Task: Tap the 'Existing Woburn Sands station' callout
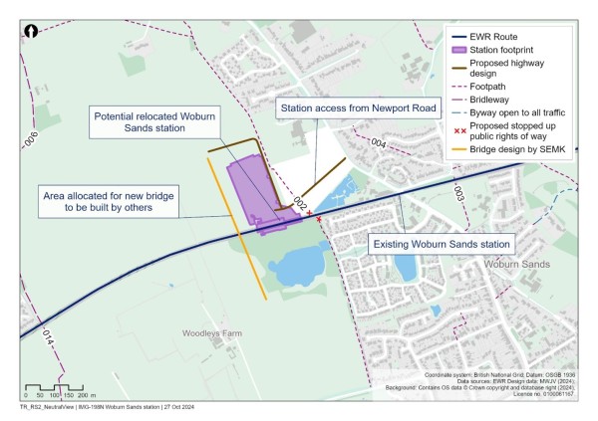pyautogui.click(x=441, y=243)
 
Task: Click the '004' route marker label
pyautogui.click(x=378, y=144)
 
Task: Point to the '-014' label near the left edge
pyautogui.click(x=46, y=336)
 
